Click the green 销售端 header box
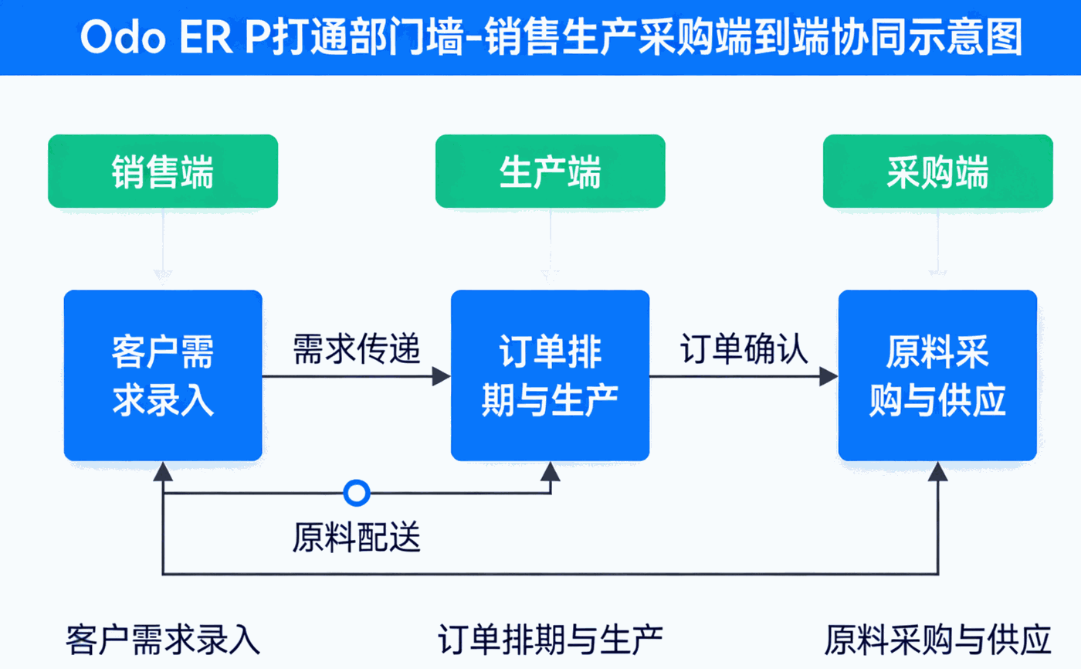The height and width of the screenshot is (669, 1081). [x=163, y=171]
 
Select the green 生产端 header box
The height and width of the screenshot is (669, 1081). [x=551, y=171]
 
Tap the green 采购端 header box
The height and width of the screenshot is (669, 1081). [x=938, y=171]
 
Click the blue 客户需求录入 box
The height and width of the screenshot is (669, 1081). [x=163, y=375]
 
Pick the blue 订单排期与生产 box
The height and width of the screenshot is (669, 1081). [x=551, y=375]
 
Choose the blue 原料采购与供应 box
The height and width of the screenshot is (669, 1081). [x=938, y=375]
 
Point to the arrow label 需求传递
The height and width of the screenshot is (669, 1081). [x=357, y=350]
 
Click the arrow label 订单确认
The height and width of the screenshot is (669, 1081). [x=744, y=350]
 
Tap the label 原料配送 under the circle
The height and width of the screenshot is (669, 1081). [x=357, y=536]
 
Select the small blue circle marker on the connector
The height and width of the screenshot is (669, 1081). [x=357, y=492]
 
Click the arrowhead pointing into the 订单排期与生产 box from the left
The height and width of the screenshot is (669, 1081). [x=442, y=376]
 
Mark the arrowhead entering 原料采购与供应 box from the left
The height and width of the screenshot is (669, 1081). [x=829, y=376]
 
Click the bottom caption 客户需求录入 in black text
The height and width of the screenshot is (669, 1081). [x=163, y=640]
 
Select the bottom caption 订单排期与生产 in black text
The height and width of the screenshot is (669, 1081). [x=551, y=640]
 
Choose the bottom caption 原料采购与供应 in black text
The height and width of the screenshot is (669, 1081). [x=938, y=640]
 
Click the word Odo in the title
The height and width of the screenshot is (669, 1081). [x=124, y=37]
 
